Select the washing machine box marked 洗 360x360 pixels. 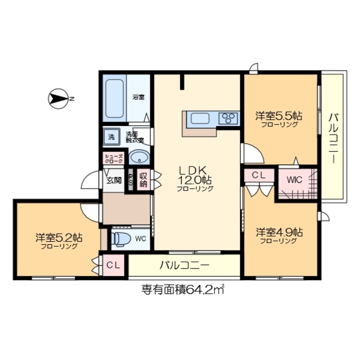pyautogui.click(x=111, y=136)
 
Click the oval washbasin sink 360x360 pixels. pyautogui.click(x=139, y=157)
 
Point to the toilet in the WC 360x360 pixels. pyautogui.click(x=120, y=238)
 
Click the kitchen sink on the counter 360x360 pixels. pyautogui.click(x=200, y=118)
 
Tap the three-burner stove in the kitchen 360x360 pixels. pyautogui.click(x=228, y=118)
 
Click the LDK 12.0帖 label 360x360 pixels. pyautogui.click(x=195, y=175)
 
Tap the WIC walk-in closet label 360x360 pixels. pyautogui.click(x=294, y=180)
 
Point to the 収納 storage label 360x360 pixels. pyautogui.click(x=143, y=180)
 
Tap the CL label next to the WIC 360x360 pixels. pyautogui.click(x=259, y=175)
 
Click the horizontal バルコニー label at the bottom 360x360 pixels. pyautogui.click(x=184, y=264)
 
